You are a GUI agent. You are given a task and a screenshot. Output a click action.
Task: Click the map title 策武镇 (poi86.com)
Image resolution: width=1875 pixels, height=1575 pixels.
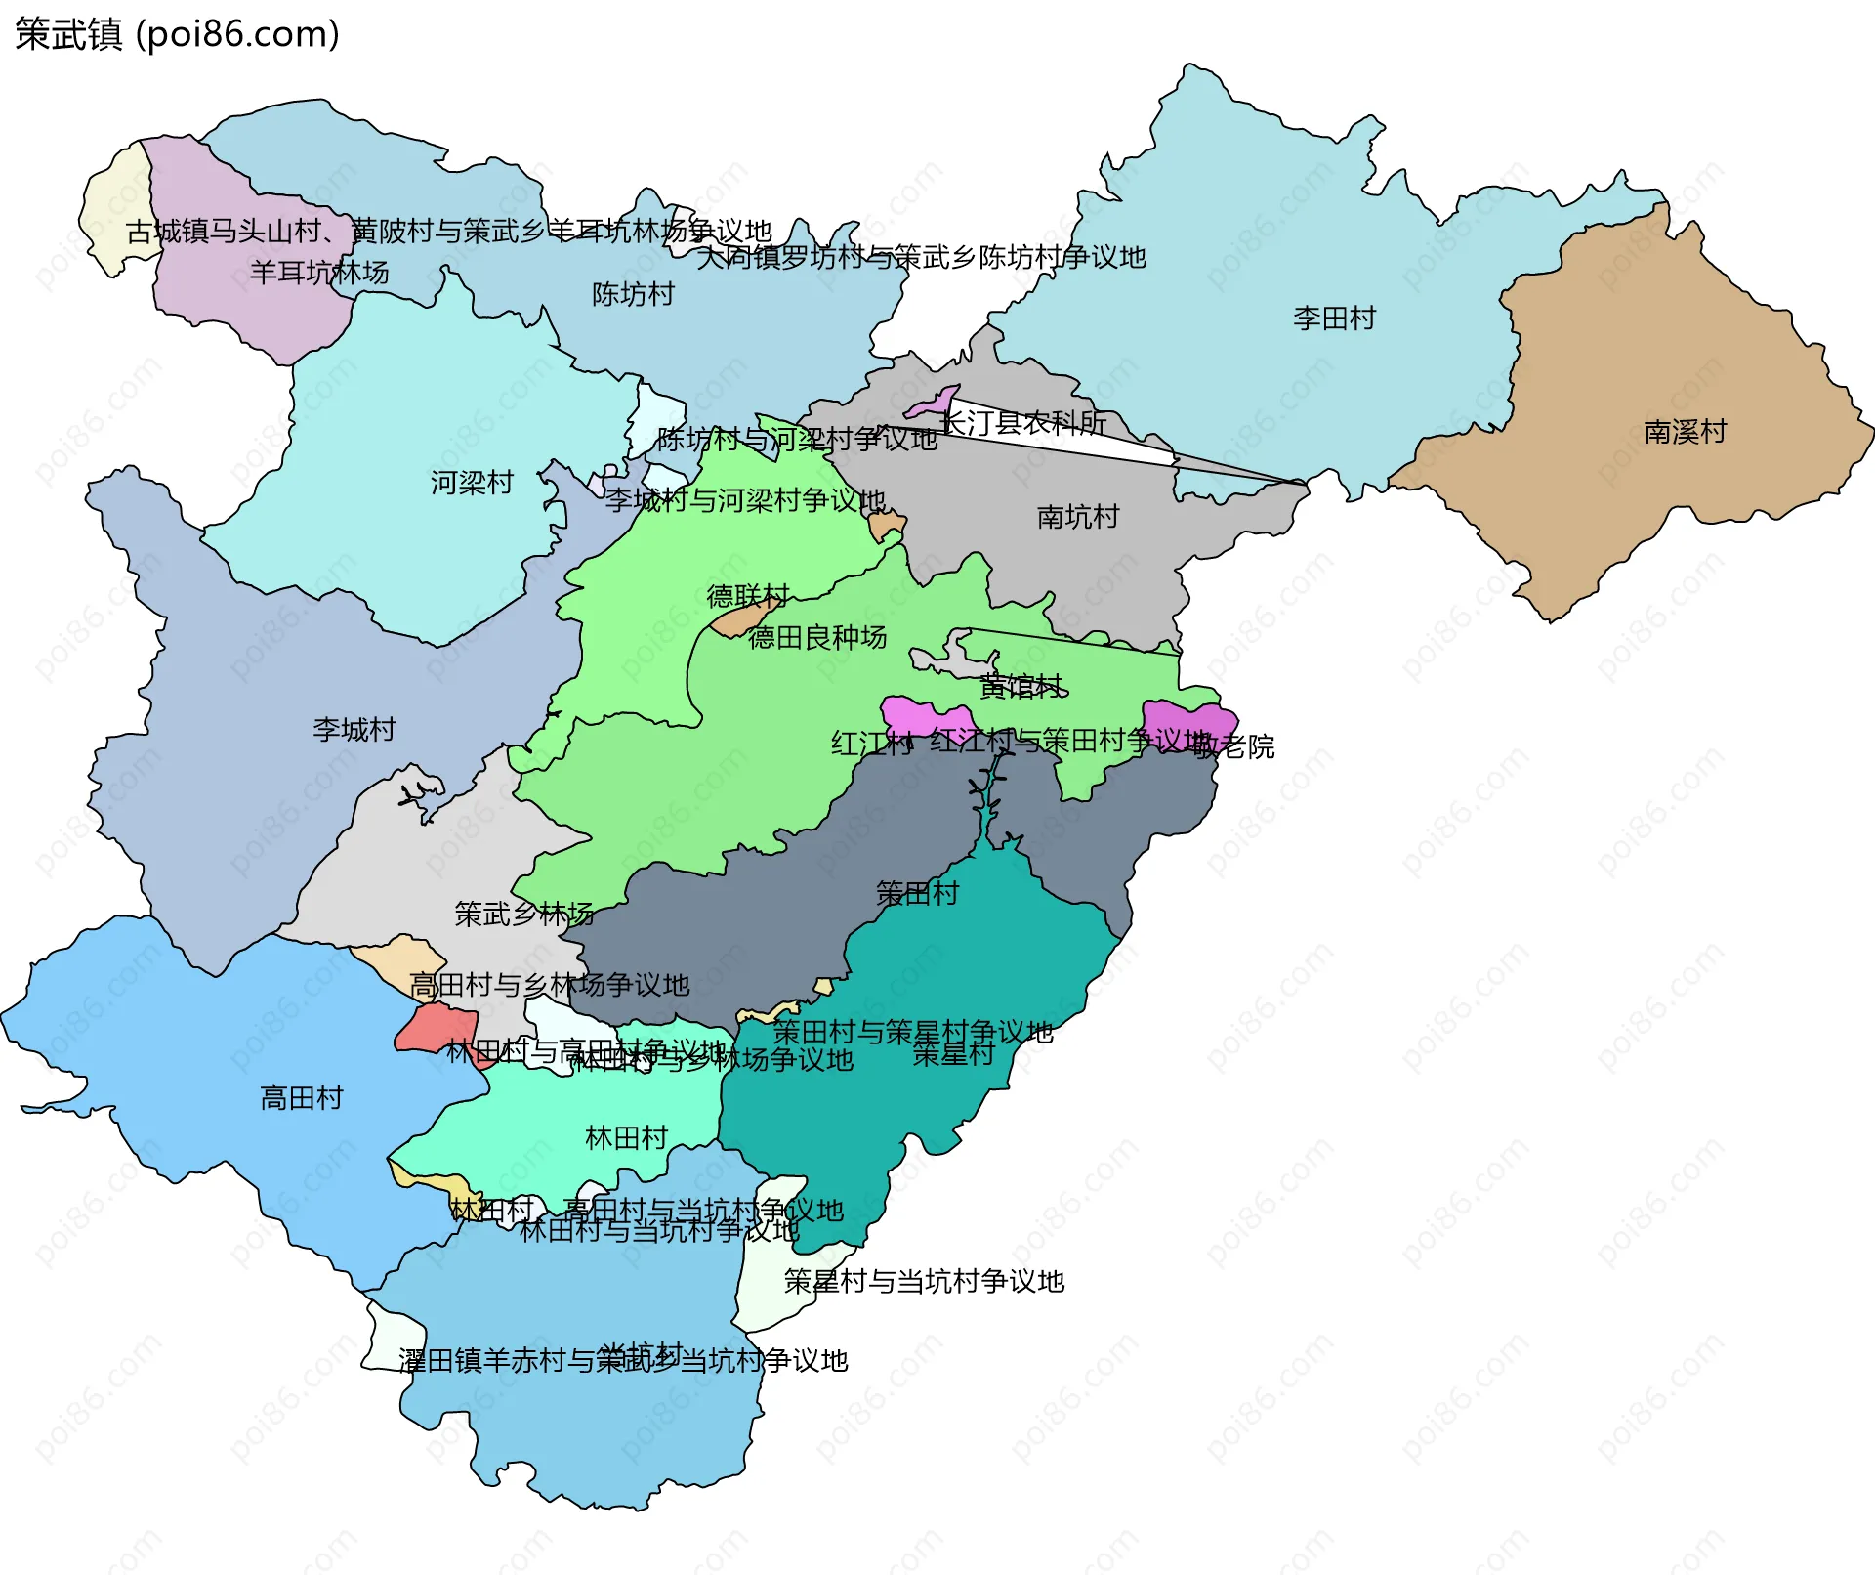[177, 34]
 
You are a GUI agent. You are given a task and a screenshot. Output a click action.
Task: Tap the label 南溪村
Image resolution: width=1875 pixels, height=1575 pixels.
[1685, 432]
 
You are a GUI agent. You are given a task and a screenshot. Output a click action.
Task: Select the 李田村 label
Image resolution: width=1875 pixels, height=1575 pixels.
[1334, 319]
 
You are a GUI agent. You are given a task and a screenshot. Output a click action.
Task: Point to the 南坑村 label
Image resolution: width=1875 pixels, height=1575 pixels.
[1077, 517]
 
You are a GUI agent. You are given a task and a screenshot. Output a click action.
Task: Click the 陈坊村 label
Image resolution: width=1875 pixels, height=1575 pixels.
[633, 294]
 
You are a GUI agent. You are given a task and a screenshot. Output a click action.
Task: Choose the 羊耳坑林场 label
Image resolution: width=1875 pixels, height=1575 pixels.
[319, 273]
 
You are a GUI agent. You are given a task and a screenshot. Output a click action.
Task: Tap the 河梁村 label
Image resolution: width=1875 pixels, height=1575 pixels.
[472, 483]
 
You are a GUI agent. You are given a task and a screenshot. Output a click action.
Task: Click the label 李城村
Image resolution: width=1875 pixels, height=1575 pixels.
[354, 730]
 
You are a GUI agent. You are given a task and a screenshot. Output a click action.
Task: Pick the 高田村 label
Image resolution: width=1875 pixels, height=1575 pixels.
[302, 1098]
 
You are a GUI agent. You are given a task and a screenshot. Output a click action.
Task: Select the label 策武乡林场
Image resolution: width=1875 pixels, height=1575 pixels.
[524, 915]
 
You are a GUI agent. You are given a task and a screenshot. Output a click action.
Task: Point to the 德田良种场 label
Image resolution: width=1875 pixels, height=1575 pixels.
[817, 638]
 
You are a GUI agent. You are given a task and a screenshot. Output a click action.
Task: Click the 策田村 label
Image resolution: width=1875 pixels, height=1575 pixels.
[917, 893]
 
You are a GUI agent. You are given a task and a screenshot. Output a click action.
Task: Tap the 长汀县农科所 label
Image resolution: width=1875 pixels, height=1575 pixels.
[1022, 423]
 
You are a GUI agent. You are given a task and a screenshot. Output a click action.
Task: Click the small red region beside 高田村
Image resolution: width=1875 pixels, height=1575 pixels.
[437, 1029]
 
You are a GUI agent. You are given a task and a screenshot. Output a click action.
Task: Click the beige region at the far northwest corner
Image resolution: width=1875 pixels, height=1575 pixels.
[114, 210]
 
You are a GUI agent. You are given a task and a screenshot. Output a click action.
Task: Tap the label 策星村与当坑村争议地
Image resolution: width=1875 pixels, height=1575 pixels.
[924, 1281]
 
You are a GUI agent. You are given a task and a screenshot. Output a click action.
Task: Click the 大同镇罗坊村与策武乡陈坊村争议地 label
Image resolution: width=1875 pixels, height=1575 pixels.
[921, 258]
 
